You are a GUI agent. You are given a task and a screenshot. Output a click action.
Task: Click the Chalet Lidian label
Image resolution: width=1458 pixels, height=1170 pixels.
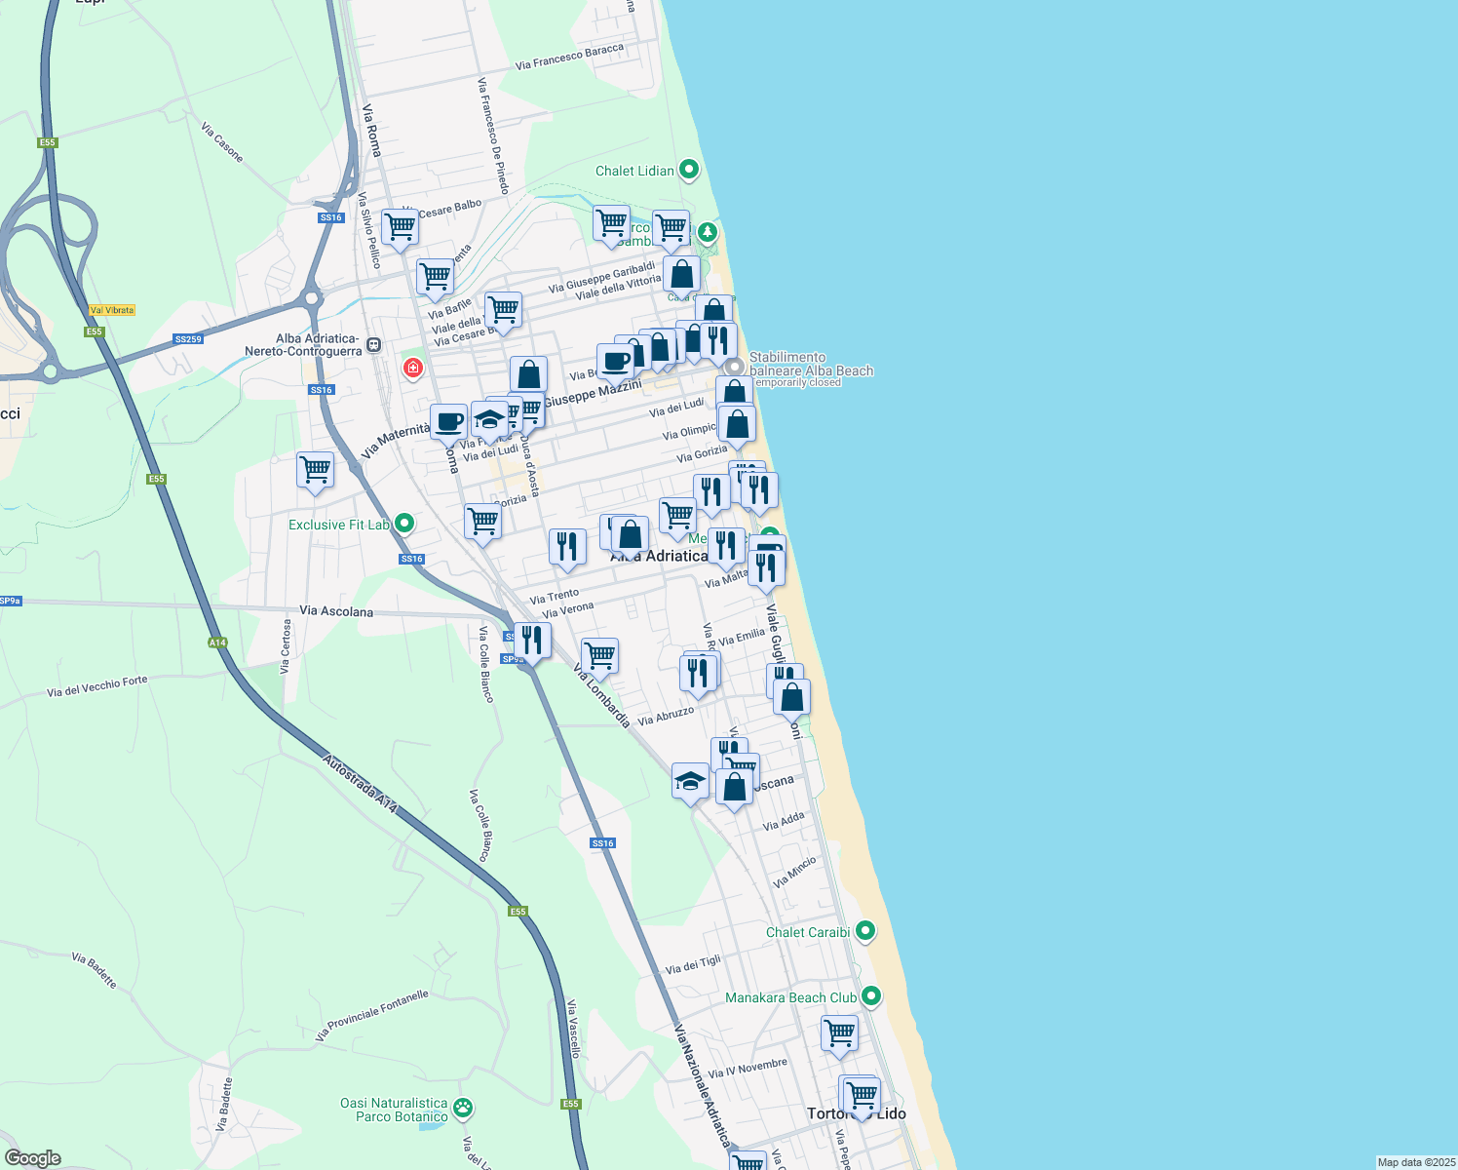click(x=634, y=171)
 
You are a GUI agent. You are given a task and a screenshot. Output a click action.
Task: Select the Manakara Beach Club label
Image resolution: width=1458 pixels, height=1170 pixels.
click(x=790, y=997)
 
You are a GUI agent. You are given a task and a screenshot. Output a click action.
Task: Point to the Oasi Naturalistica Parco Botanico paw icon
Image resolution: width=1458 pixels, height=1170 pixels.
click(x=463, y=1108)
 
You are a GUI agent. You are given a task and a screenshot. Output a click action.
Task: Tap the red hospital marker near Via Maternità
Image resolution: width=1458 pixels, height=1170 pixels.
click(x=413, y=368)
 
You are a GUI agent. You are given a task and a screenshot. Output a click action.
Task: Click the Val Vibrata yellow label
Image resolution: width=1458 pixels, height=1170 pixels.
click(x=111, y=310)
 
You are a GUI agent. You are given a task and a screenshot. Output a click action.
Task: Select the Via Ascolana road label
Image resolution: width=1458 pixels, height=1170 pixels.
click(x=336, y=611)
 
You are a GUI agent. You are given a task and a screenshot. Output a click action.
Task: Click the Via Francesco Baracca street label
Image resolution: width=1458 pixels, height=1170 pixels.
click(x=569, y=58)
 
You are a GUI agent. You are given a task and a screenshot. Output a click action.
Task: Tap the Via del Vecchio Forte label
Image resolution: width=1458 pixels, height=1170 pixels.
click(x=97, y=687)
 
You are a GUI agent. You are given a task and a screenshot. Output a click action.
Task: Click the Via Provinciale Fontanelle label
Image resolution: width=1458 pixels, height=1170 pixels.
click(x=371, y=1016)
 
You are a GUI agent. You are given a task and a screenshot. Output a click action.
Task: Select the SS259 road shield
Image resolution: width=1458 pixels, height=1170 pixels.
click(x=188, y=339)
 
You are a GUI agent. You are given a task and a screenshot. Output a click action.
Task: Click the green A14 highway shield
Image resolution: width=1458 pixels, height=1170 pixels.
click(x=217, y=643)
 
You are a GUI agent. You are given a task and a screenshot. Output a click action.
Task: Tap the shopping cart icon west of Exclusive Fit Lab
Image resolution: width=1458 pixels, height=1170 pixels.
click(x=316, y=469)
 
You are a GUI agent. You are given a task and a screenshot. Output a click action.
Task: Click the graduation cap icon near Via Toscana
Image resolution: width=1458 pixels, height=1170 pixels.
click(x=690, y=781)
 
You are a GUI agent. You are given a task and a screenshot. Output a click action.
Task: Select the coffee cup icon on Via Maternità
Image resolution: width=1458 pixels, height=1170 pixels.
click(x=448, y=422)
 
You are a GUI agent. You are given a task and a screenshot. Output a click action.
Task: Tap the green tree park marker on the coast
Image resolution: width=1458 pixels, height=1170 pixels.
click(x=708, y=232)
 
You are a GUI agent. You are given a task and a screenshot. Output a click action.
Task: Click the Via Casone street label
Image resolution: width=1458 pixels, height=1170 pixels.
click(x=222, y=142)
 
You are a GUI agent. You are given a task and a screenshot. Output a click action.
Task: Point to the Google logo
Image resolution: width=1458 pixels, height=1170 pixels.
click(x=33, y=1158)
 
